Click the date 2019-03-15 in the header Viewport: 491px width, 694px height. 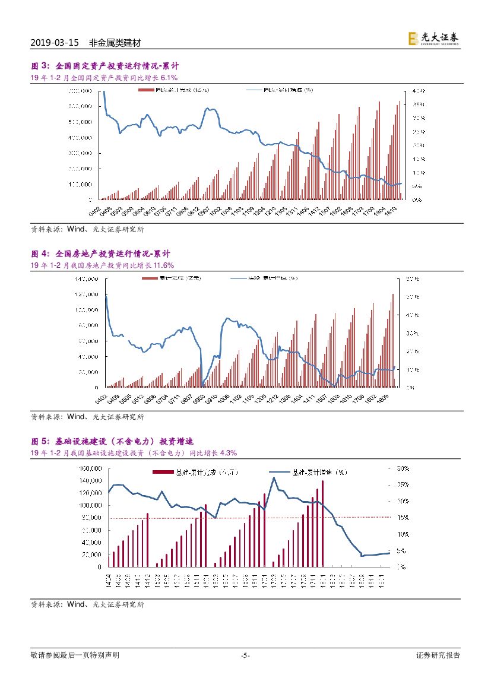pyautogui.click(x=54, y=43)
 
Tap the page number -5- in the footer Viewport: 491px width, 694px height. pyautogui.click(x=245, y=655)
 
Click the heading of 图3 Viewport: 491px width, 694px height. pyautogui.click(x=104, y=66)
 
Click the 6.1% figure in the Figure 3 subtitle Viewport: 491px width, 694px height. pyautogui.click(x=169, y=78)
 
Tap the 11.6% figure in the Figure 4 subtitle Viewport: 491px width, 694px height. pyautogui.click(x=163, y=265)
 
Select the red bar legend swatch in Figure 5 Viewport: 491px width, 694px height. pyautogui.click(x=163, y=473)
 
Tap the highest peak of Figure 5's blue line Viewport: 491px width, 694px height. pyautogui.click(x=274, y=477)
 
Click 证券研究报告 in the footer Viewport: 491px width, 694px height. pyautogui.click(x=438, y=655)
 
